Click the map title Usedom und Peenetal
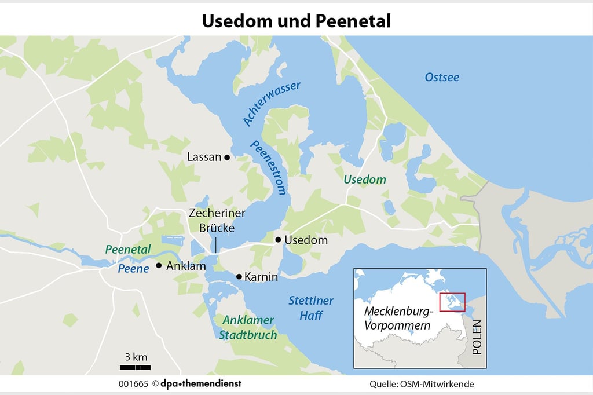coord(296,21)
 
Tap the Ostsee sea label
coord(441,77)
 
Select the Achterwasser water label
coord(272,103)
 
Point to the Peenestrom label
coord(269,168)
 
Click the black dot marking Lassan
coord(227,157)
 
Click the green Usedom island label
coord(364,180)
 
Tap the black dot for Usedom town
coord(278,240)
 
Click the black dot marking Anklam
coord(159,266)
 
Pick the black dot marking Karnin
coord(239,277)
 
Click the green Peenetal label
coord(128,250)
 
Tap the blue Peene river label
coord(133,269)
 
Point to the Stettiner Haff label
coord(311,308)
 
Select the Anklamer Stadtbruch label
coord(247,327)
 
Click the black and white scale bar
coord(136,368)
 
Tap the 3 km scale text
coord(136,356)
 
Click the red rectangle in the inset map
coord(452,302)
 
